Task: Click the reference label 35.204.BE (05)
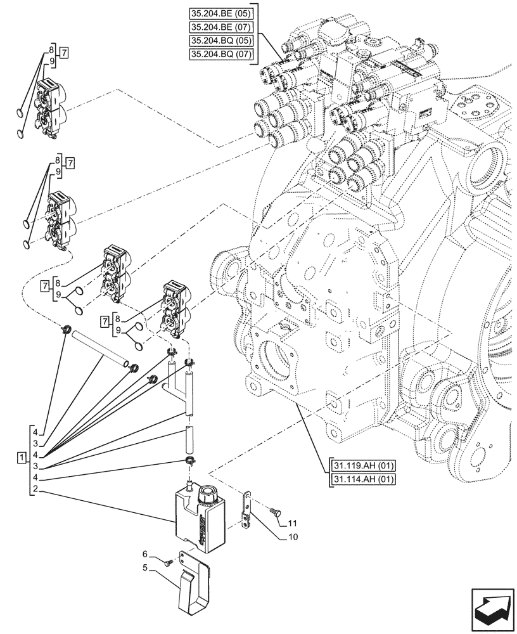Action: [x=221, y=14]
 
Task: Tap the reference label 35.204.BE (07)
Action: [x=221, y=28]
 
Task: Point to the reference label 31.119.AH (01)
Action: [x=362, y=466]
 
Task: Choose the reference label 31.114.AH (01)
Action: [x=362, y=479]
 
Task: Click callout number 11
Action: [x=292, y=524]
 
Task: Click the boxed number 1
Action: [x=22, y=457]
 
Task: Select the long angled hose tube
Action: [x=101, y=349]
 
